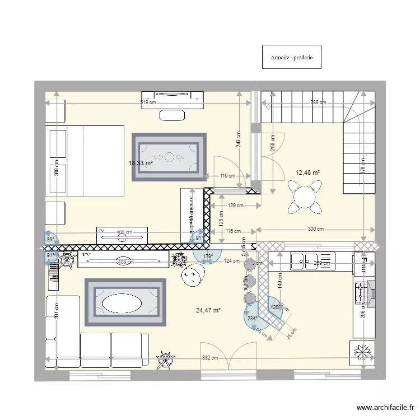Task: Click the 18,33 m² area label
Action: (140, 163)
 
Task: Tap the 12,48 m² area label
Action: (307, 172)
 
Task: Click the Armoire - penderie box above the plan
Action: (291, 58)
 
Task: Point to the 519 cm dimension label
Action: (148, 102)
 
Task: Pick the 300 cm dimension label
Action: (316, 229)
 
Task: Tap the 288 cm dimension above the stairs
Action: (318, 102)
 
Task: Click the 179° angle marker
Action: (208, 256)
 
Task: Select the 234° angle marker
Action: (253, 319)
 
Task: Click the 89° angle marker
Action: (50, 239)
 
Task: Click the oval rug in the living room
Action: (125, 303)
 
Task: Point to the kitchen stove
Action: (361, 293)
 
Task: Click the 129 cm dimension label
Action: (236, 206)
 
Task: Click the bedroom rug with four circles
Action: (169, 157)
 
